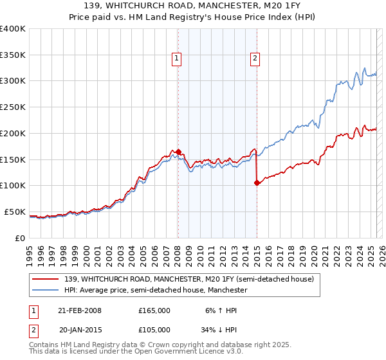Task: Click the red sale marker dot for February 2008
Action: point(179,152)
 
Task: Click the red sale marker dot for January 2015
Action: point(257,183)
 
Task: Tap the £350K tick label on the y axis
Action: point(13,55)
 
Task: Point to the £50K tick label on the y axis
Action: point(15,212)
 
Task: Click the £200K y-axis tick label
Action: point(13,133)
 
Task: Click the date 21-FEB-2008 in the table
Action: point(80,310)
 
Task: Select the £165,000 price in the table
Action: point(154,310)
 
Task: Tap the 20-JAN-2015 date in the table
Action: point(80,330)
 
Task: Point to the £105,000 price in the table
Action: point(154,330)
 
